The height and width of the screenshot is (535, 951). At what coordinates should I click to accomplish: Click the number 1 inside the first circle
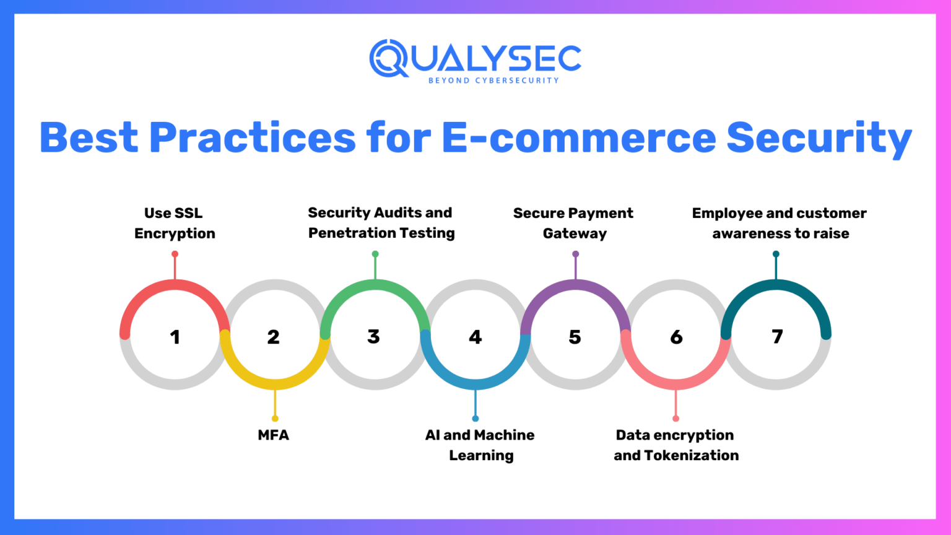[x=175, y=337]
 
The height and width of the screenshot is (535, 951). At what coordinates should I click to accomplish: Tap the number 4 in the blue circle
[x=475, y=337]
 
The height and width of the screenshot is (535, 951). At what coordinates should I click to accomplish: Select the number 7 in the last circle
[x=777, y=336]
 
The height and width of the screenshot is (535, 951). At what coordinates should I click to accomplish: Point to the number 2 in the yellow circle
[x=274, y=337]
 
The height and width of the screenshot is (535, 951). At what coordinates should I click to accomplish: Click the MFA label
[x=273, y=435]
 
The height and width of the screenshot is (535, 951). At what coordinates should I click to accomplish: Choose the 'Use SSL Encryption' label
[x=175, y=223]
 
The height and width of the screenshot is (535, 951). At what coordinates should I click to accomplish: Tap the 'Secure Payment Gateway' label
[x=574, y=223]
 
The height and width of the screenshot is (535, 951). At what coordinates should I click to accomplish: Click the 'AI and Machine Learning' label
[x=480, y=445]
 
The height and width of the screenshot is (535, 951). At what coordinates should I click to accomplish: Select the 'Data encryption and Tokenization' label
[x=675, y=445]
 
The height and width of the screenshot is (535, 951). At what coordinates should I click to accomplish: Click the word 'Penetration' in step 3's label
[x=347, y=233]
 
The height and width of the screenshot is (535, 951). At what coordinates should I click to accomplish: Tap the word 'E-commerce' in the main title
[x=578, y=137]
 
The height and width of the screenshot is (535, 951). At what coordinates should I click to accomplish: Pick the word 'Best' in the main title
[x=89, y=137]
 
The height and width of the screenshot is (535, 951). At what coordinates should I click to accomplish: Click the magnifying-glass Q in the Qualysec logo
[x=388, y=58]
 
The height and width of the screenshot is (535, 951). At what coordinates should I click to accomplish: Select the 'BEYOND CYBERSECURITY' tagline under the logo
[x=493, y=80]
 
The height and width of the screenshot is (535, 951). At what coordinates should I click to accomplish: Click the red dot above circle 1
[x=175, y=254]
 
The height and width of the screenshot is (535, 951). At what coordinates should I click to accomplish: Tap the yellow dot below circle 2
[x=275, y=419]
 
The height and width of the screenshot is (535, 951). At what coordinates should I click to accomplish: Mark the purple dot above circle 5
[x=576, y=254]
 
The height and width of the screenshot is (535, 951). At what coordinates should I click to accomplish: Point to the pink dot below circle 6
[x=675, y=419]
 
